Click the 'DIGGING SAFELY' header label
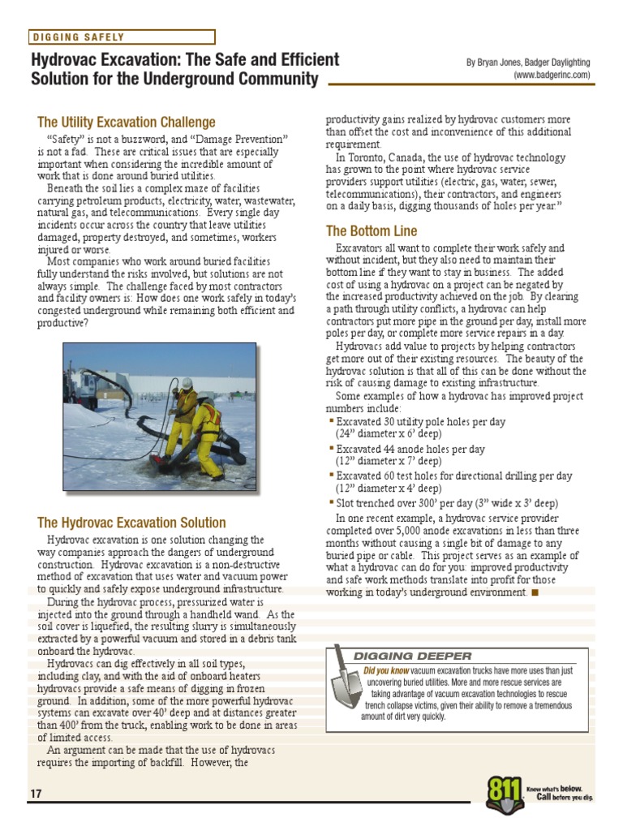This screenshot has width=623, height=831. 79,37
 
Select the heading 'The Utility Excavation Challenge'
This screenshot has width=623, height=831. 127,123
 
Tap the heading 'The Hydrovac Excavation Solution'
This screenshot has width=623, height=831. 131,523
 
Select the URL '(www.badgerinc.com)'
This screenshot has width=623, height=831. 552,75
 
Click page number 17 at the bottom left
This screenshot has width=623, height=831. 36,793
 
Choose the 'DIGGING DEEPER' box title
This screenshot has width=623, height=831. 412,656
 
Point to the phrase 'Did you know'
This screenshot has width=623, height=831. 386,671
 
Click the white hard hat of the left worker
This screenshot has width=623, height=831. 187,383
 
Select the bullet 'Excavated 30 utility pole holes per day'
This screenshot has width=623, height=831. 420,422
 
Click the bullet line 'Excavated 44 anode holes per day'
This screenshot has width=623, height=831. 410,449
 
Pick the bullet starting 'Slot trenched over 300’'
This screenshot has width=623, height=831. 447,503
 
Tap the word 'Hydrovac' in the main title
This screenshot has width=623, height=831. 68,61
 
